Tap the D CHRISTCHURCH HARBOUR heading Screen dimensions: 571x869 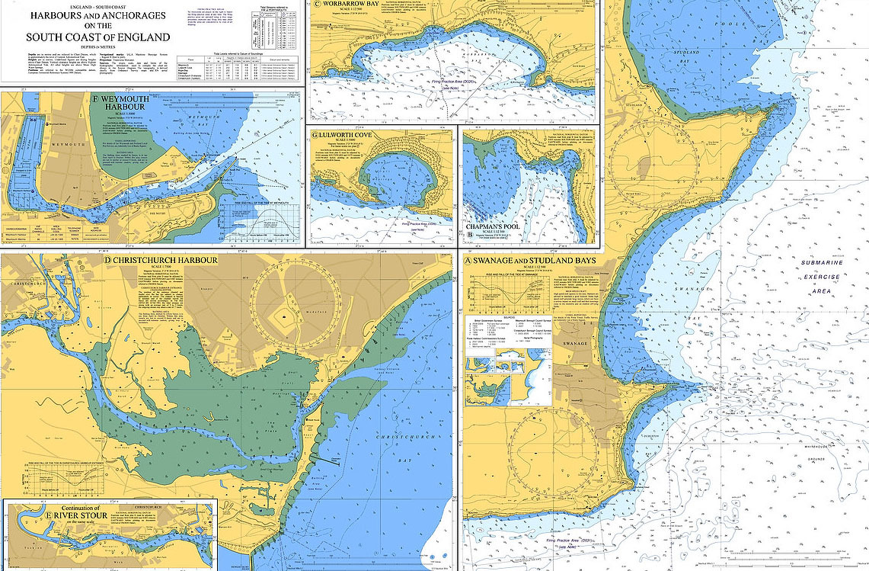tap(161, 261)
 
